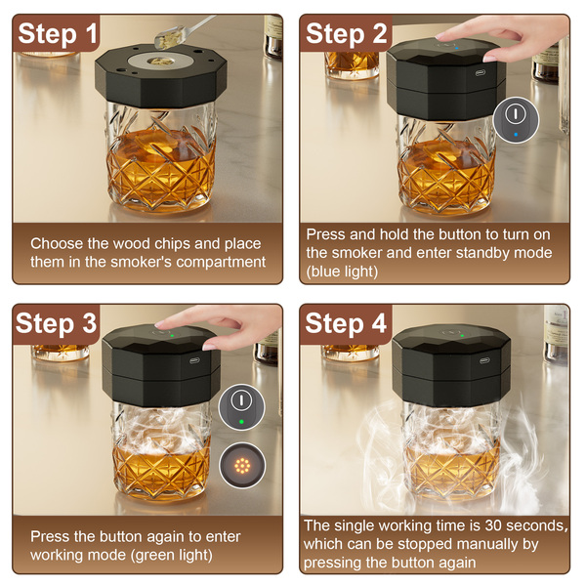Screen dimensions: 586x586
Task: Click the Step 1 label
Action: tap(58, 33)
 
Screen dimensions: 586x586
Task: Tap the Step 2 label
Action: tap(346, 33)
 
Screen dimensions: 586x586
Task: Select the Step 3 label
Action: tap(57, 323)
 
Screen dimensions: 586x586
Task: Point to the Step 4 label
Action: tap(346, 323)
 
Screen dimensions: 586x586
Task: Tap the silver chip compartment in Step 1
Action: tap(160, 61)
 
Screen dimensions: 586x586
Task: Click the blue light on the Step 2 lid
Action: tap(457, 48)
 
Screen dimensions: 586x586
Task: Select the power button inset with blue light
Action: tap(516, 119)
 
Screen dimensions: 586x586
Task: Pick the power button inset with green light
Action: tap(241, 407)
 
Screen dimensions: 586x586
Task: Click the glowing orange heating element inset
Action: tap(242, 465)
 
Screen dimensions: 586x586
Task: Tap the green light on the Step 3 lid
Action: tap(172, 335)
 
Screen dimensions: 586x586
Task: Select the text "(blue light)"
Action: tap(342, 272)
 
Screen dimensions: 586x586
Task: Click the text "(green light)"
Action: tap(172, 555)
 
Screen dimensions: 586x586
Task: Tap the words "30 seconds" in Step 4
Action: tap(526, 525)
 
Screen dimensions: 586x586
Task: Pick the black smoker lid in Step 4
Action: tap(451, 365)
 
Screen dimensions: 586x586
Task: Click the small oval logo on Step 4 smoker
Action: tap(484, 360)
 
